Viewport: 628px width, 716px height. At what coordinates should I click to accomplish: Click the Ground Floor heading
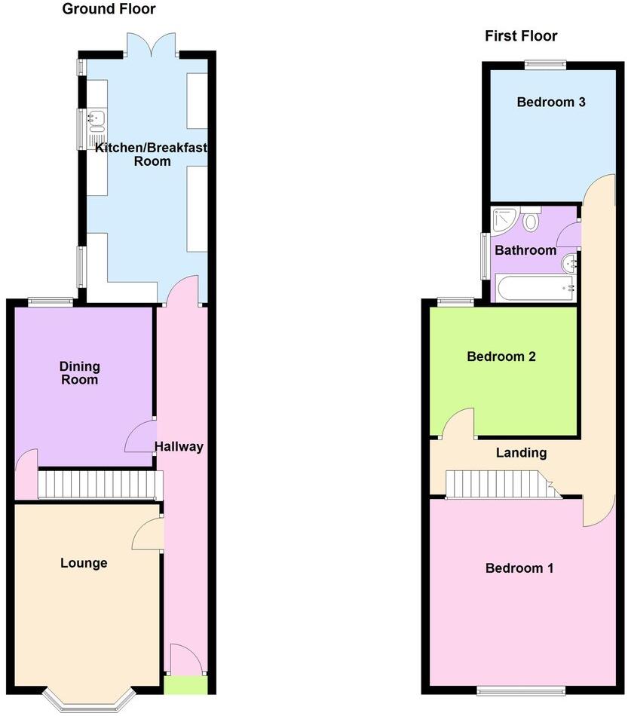click(x=109, y=9)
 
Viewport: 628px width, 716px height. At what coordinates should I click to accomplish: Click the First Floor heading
click(x=521, y=35)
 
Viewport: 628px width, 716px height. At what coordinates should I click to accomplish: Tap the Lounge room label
click(x=84, y=563)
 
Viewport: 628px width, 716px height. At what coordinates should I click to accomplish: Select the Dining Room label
click(x=80, y=373)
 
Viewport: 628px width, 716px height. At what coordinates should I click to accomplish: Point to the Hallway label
click(x=179, y=446)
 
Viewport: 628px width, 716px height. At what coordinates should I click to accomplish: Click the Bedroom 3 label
click(x=551, y=102)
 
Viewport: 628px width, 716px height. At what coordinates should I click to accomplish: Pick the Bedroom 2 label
click(x=501, y=356)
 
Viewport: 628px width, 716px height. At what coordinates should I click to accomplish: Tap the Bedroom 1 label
click(x=519, y=568)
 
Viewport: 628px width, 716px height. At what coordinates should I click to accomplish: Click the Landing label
click(x=521, y=453)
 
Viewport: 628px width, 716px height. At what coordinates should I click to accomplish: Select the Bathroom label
click(x=525, y=250)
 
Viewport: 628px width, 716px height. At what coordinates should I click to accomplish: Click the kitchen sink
click(x=96, y=118)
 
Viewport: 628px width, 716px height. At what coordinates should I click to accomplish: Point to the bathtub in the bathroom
click(x=536, y=288)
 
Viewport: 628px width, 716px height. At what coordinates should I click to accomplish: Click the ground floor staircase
click(x=100, y=485)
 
